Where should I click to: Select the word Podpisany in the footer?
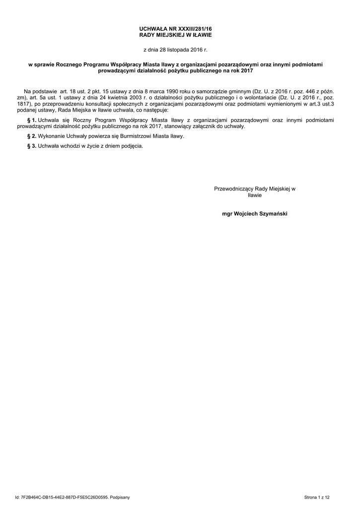tap(121, 497)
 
